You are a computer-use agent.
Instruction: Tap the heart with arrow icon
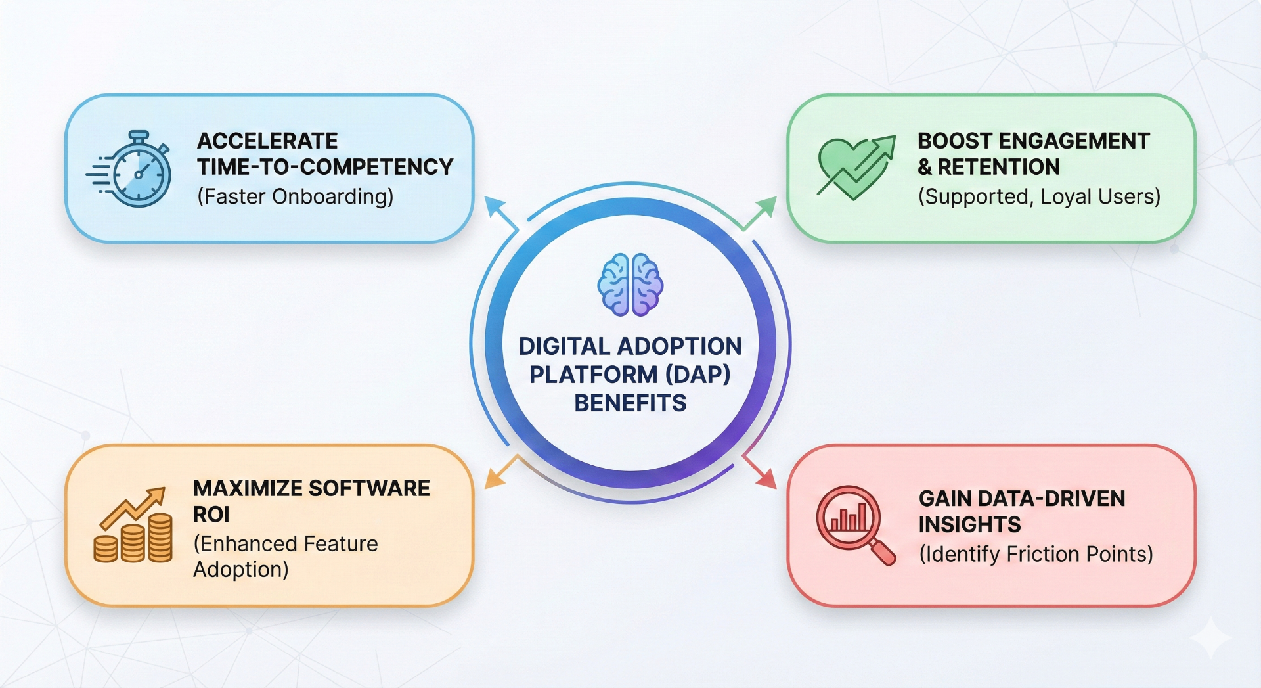(854, 168)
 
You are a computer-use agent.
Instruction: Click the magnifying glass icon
(854, 524)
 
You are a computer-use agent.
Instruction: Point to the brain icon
(630, 285)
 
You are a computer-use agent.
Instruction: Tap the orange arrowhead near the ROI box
(494, 478)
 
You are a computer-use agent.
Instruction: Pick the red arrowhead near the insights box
(766, 479)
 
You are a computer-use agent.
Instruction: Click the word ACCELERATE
(267, 141)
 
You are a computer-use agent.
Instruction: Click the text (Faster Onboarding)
(295, 196)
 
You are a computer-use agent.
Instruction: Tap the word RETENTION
(998, 167)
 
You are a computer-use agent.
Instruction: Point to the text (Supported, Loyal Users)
(1039, 196)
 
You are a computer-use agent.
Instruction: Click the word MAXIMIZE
(247, 488)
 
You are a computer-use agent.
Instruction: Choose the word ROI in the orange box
(211, 515)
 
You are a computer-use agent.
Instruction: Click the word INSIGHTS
(969, 524)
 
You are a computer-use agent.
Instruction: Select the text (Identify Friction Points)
(1036, 554)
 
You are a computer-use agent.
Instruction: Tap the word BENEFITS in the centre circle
(630, 403)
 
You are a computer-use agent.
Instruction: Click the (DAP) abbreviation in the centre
(697, 375)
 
